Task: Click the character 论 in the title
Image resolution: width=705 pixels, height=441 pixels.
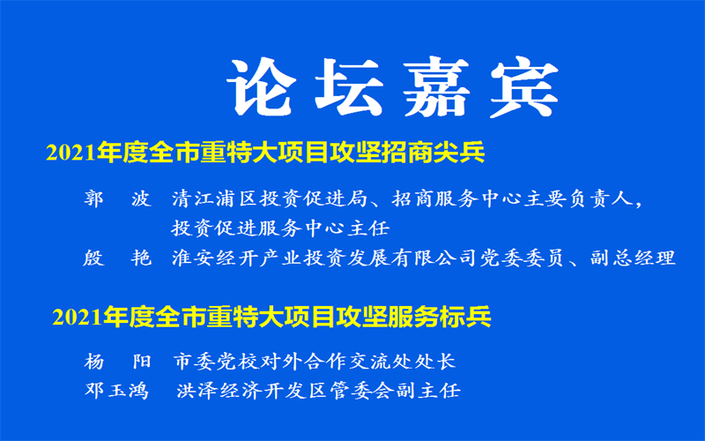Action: tap(262, 86)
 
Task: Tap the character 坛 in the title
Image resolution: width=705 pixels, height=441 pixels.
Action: tap(349, 86)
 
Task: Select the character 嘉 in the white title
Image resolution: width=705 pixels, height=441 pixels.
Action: tap(436, 86)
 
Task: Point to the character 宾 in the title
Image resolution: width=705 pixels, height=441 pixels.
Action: tap(524, 86)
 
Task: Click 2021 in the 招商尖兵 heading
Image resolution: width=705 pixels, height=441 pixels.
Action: tap(71, 153)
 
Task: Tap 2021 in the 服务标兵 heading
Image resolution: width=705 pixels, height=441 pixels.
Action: tap(78, 318)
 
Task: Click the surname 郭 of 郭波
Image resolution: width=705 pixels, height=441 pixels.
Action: tap(93, 198)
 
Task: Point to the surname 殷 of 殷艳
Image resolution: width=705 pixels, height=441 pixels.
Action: tap(93, 258)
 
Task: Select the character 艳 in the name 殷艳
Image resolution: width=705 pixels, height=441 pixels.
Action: tap(141, 258)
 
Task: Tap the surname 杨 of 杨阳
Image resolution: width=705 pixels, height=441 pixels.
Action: tap(94, 362)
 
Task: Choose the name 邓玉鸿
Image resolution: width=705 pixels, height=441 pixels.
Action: tap(116, 390)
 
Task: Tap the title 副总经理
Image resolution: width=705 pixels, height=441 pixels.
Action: tap(633, 258)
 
